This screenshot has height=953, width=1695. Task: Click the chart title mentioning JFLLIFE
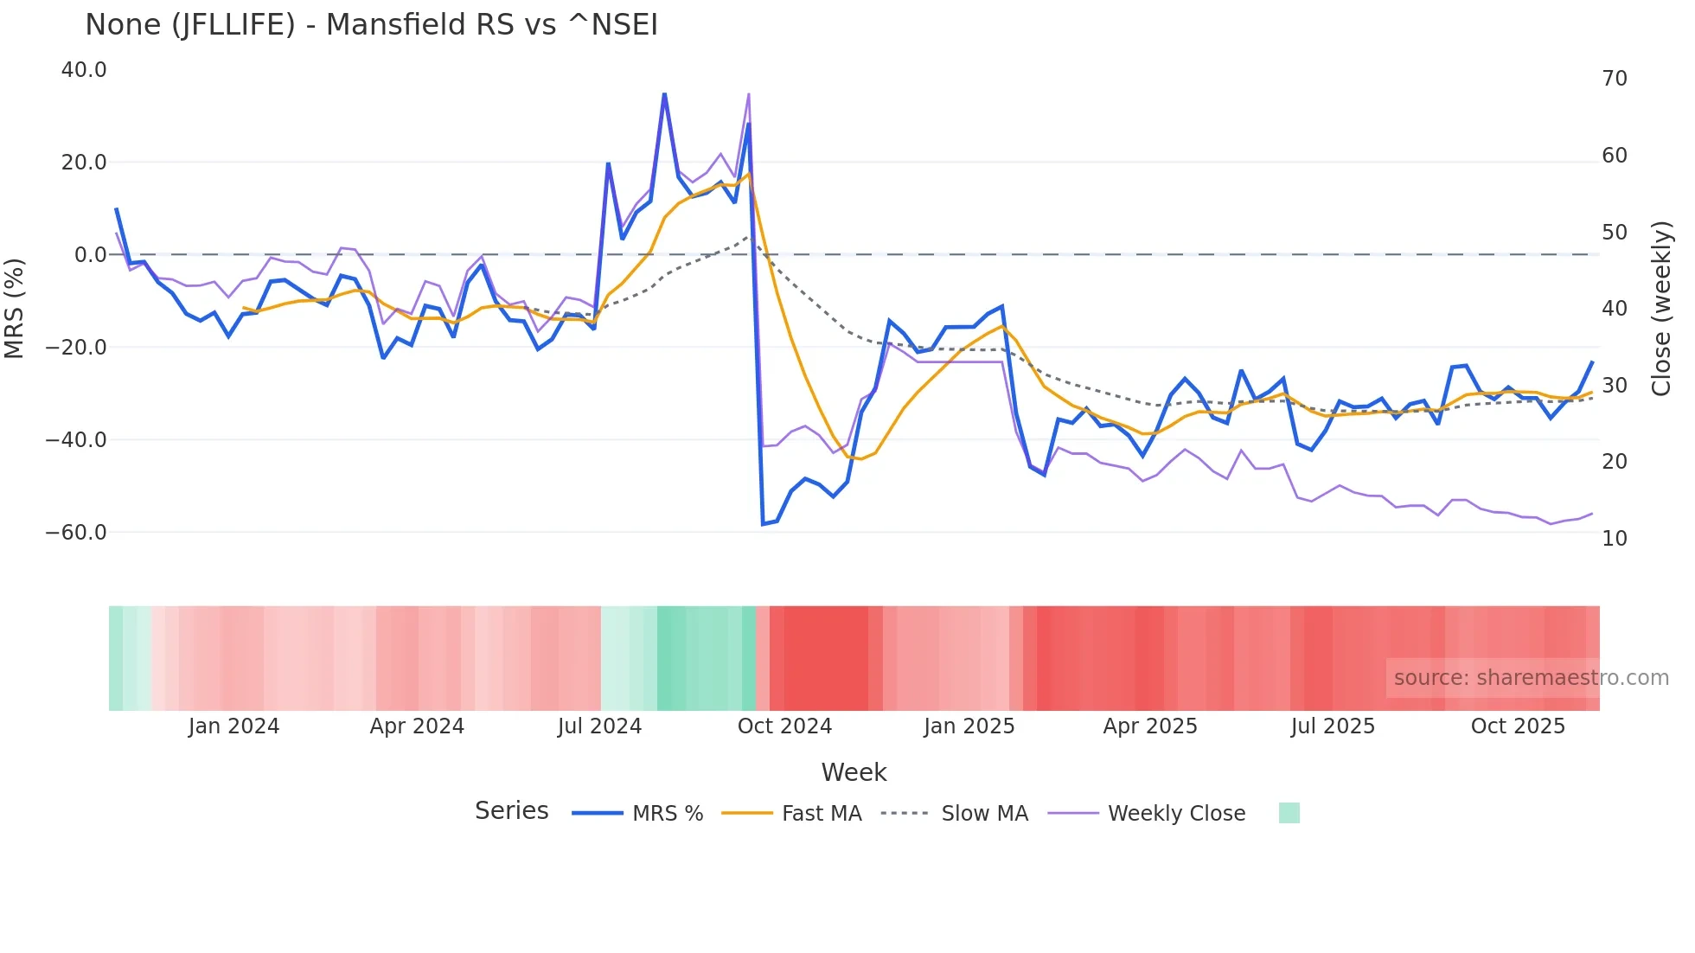tap(371, 25)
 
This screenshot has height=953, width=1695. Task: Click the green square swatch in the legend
tap(1289, 813)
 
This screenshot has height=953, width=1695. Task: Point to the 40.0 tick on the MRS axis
tap(84, 70)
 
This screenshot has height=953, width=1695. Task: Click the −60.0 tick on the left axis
tap(76, 533)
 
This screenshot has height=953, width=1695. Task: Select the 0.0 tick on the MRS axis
tap(90, 255)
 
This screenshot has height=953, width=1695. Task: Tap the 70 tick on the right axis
tap(1614, 79)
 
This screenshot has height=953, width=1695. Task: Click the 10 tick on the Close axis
tap(1614, 539)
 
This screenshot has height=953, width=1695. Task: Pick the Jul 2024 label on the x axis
tap(599, 726)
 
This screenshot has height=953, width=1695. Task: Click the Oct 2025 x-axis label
tap(1518, 726)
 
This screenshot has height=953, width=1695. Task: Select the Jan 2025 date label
tap(969, 726)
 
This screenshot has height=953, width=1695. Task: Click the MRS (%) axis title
tap(15, 308)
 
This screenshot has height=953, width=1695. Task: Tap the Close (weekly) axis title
tap(1661, 308)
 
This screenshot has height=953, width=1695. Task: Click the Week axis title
tap(854, 772)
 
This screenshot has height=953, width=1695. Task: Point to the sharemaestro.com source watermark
tap(1531, 678)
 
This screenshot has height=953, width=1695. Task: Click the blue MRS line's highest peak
tap(664, 93)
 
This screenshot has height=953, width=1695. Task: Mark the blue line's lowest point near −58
tap(763, 524)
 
